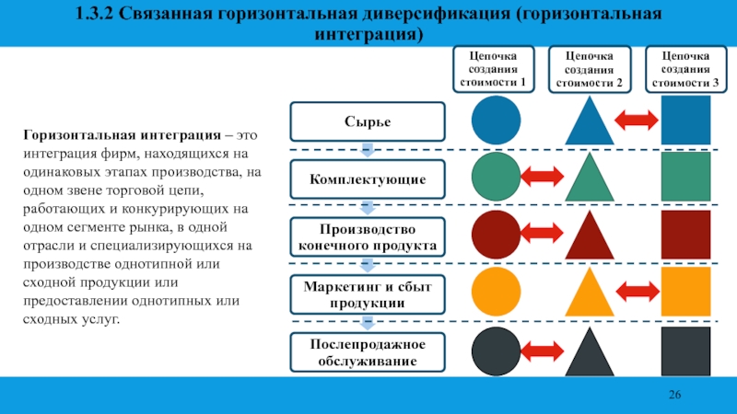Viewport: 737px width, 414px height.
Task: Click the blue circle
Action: (497, 120)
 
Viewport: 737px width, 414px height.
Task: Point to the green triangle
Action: (590, 179)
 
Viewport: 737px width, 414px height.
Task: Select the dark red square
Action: (686, 235)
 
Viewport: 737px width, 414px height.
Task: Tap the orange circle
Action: (497, 293)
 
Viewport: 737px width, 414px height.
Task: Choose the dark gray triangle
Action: (590, 353)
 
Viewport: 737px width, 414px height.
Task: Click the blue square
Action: (686, 120)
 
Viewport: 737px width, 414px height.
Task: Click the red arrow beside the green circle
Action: (544, 177)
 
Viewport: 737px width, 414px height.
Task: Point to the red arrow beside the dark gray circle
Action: (544, 351)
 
